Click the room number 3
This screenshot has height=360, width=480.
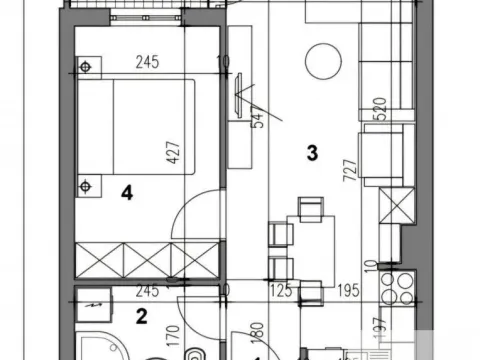pyautogui.click(x=312, y=153)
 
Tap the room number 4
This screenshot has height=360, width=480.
pyautogui.click(x=127, y=194)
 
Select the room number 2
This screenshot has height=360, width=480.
pyautogui.click(x=142, y=318)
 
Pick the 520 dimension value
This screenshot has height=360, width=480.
pyautogui.click(x=379, y=109)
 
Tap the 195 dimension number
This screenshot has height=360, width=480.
pyautogui.click(x=345, y=291)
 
